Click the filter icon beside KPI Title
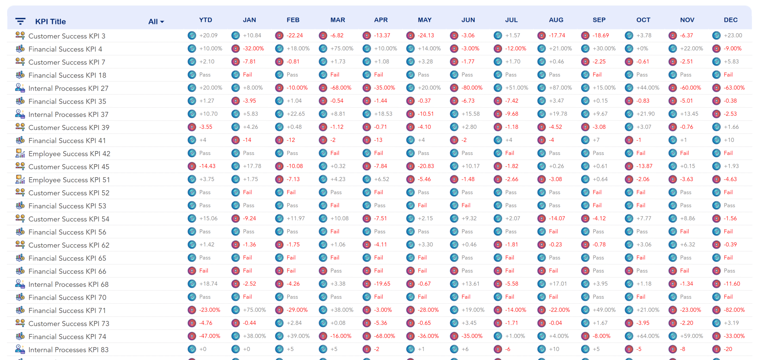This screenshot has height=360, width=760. [20, 21]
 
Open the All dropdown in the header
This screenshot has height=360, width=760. [156, 22]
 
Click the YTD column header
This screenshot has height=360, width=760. [205, 20]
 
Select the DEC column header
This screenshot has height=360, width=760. [731, 20]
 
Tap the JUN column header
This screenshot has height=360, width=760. [468, 20]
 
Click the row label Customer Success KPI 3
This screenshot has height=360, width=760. [67, 36]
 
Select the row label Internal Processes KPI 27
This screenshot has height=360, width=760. [68, 88]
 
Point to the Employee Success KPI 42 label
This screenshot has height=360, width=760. [69, 154]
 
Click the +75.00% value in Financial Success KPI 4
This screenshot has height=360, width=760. [342, 48]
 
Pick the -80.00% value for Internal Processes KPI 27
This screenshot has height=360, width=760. [472, 88]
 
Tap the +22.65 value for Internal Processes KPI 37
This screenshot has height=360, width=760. [296, 114]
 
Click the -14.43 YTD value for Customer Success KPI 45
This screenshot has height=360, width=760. [207, 166]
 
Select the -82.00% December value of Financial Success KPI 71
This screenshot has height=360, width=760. [734, 310]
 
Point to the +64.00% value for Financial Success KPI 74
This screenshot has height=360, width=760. [648, 336]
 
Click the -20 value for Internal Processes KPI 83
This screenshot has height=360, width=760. [728, 349]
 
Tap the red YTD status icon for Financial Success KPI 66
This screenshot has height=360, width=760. [192, 271]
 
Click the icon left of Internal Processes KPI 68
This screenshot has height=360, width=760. [20, 284]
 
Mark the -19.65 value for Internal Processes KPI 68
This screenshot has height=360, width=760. [382, 284]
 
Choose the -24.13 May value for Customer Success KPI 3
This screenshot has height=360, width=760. [426, 35]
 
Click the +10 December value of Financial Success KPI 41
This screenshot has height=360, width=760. [729, 140]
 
